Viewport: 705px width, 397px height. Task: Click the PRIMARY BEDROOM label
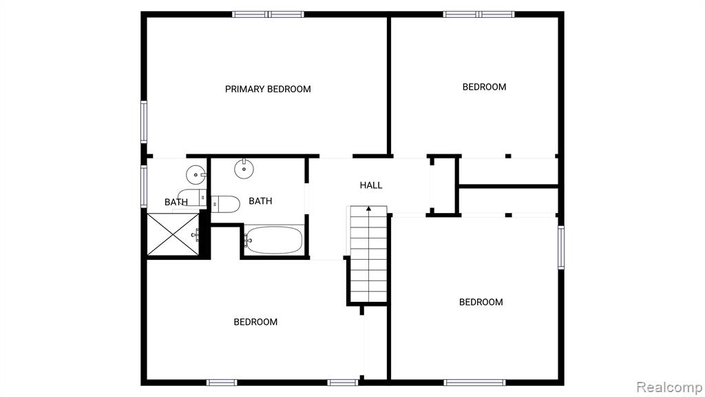[x=268, y=89]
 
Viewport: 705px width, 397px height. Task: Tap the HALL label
[x=371, y=185]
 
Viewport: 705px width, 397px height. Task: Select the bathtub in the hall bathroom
[x=274, y=240]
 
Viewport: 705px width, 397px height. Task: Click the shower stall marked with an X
[x=173, y=234]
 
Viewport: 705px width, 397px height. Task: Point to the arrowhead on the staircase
[x=369, y=208]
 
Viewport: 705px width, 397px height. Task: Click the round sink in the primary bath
[x=196, y=174]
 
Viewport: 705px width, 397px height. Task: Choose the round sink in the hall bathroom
[x=244, y=170]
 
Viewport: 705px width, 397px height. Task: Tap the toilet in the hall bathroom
[x=225, y=204]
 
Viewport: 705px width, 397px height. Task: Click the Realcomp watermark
[x=669, y=387]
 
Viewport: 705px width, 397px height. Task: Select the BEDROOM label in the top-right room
[x=484, y=87]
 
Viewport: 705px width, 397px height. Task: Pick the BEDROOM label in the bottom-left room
[x=255, y=322]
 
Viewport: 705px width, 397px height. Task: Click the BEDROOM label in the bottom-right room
[x=481, y=302]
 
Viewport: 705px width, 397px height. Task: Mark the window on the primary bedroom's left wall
[x=144, y=122]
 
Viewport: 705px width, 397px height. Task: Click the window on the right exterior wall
[x=561, y=247]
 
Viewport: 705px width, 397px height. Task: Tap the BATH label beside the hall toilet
[x=260, y=201]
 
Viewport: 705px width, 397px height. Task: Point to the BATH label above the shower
[x=176, y=202]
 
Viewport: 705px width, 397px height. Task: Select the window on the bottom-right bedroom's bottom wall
[x=474, y=383]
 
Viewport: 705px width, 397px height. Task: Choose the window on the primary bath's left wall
[x=144, y=186]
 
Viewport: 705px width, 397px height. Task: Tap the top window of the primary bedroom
[x=268, y=14]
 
